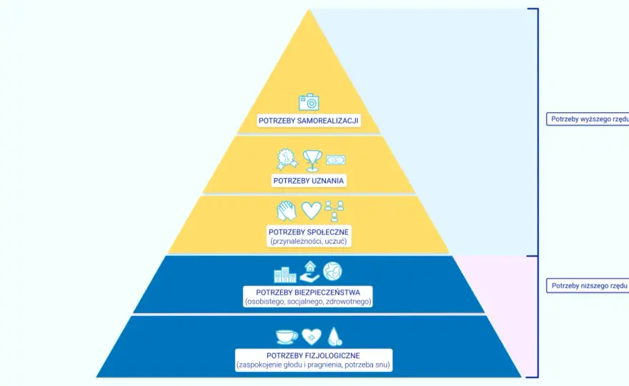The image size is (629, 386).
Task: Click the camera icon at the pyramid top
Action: [309, 102]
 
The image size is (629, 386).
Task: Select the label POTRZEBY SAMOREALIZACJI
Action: [309, 120]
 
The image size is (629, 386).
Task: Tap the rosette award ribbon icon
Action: [287, 159]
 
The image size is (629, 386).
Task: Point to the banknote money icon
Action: [335, 160]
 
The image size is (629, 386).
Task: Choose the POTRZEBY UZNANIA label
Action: [309, 181]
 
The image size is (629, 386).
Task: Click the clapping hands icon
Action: [287, 211]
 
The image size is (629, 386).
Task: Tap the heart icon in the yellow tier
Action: [312, 210]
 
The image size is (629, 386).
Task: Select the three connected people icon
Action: [335, 211]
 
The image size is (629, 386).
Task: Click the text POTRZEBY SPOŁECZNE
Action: [309, 232]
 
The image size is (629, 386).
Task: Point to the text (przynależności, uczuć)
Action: [309, 241]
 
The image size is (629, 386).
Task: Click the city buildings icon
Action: [285, 274]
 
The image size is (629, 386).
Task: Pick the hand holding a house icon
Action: [309, 272]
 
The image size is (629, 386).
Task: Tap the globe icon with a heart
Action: [332, 271]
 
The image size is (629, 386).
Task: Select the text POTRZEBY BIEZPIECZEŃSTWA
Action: [308, 292]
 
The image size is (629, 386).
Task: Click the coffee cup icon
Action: [287, 337]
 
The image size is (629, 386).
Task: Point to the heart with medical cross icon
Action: [312, 337]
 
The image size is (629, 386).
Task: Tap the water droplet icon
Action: [335, 336]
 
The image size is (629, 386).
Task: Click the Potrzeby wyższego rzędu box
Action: [588, 119]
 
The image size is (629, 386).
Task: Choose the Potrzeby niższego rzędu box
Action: [588, 286]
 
